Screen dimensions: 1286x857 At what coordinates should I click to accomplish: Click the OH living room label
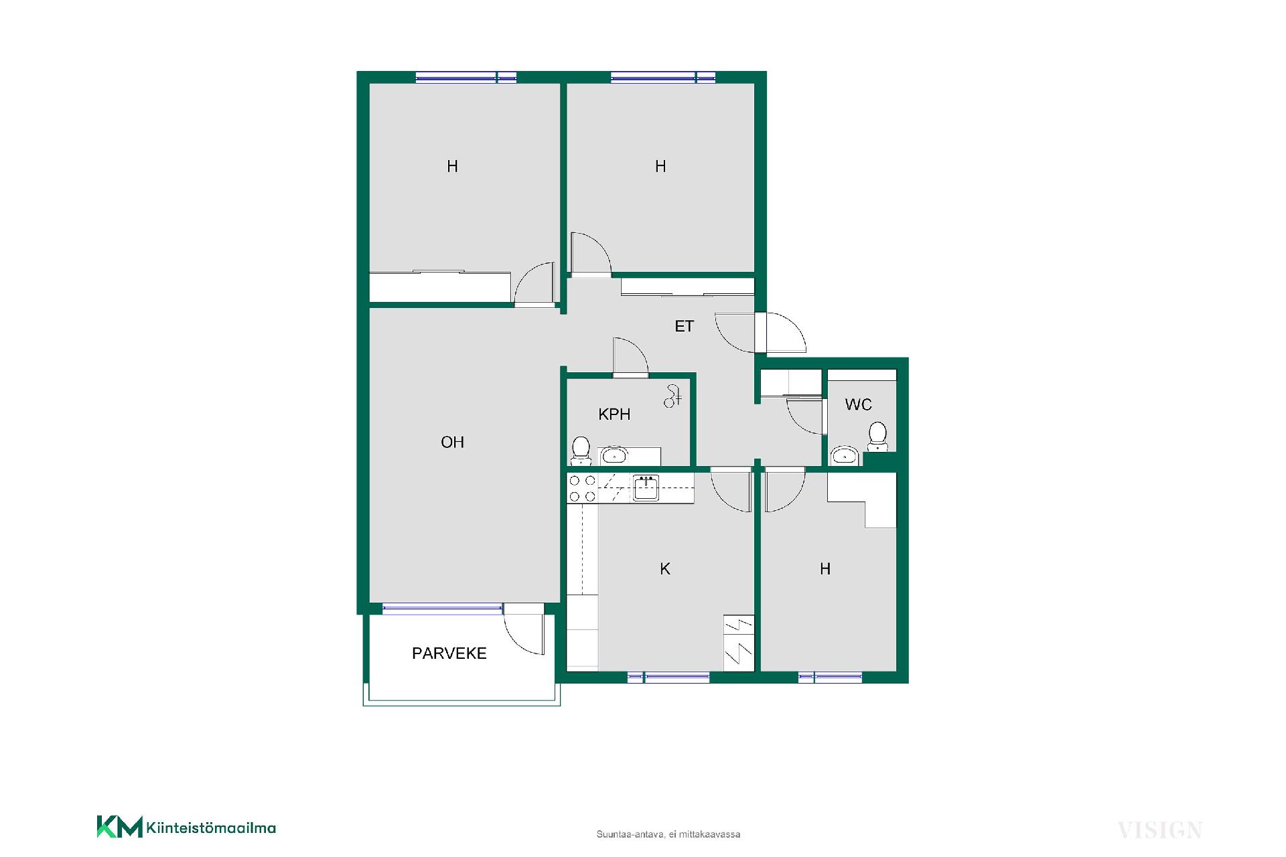(x=452, y=442)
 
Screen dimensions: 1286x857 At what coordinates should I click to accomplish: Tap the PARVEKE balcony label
(x=449, y=653)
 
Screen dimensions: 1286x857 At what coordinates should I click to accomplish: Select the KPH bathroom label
(x=614, y=414)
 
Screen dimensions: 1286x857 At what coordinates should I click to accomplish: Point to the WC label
(x=858, y=404)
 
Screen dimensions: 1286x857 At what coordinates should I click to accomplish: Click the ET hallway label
(x=684, y=326)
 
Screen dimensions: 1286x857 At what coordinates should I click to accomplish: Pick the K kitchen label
(x=665, y=569)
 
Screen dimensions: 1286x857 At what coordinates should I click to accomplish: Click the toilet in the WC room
(x=877, y=437)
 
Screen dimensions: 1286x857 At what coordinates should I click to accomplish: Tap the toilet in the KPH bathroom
(x=581, y=451)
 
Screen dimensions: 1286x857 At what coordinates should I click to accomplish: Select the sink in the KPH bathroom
(x=614, y=456)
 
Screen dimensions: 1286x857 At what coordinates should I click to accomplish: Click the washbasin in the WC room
(x=845, y=456)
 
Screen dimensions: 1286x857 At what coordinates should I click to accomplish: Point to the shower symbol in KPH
(x=672, y=396)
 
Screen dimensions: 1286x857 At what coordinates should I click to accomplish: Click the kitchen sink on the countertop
(x=646, y=488)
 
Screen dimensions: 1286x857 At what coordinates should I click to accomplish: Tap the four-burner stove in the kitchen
(x=582, y=487)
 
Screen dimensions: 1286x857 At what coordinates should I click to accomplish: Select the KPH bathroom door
(x=631, y=356)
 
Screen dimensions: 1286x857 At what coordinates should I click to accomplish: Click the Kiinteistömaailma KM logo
(x=186, y=828)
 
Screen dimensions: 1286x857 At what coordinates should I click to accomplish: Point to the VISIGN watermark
(x=1159, y=830)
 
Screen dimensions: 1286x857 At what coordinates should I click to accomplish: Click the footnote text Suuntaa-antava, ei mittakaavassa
(x=668, y=834)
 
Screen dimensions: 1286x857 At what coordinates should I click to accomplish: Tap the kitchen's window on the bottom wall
(x=668, y=678)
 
